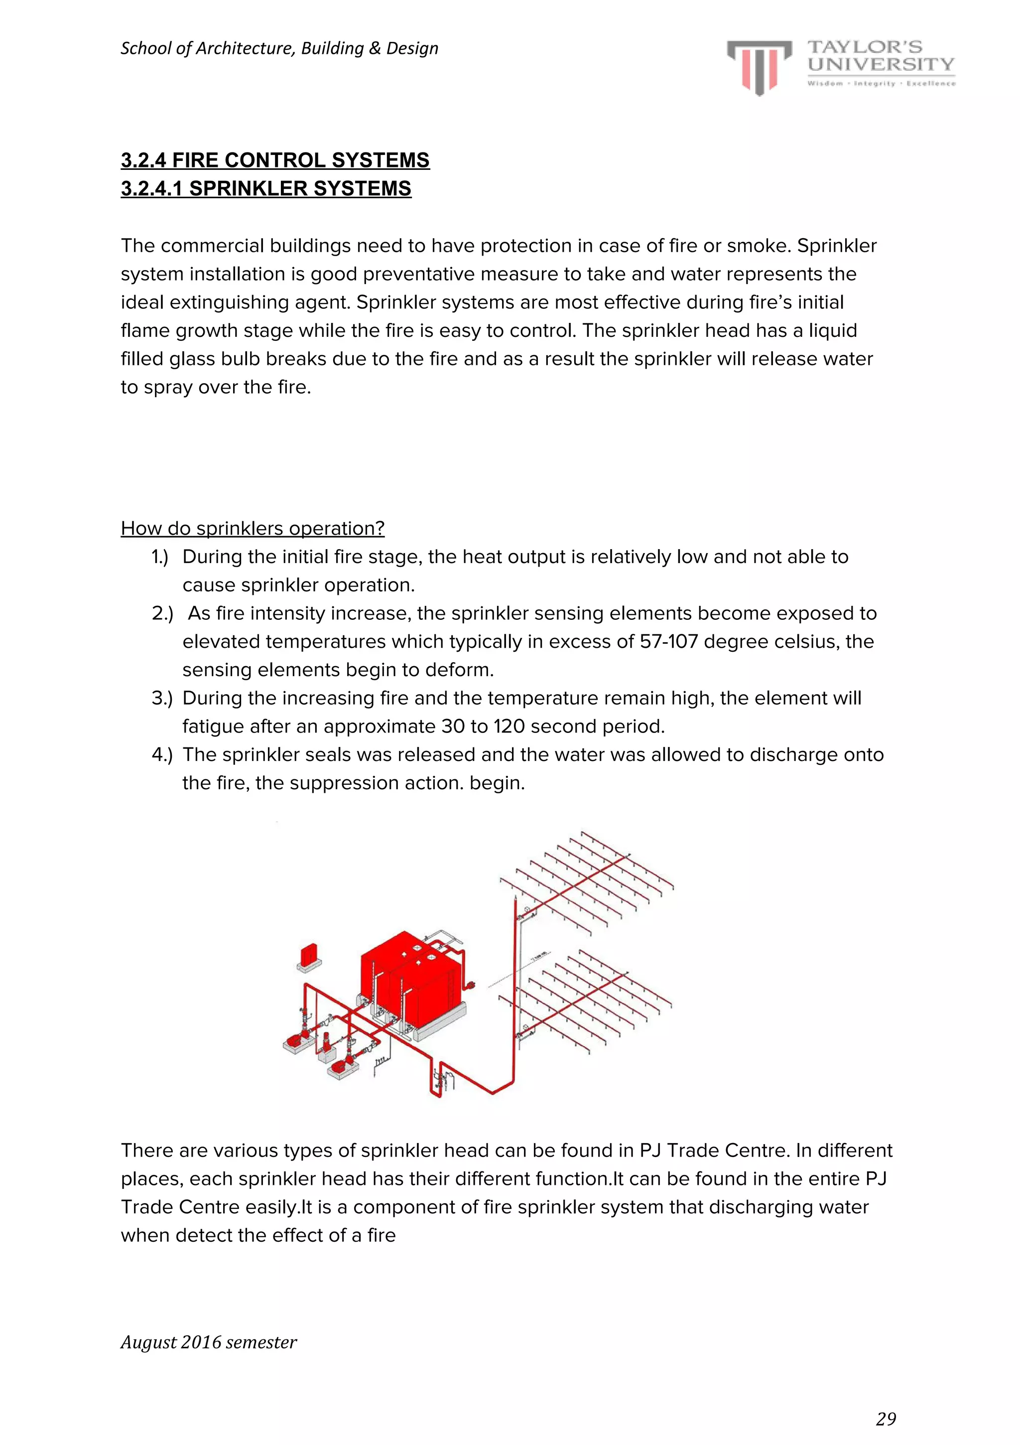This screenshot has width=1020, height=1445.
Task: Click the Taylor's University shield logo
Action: pos(759,67)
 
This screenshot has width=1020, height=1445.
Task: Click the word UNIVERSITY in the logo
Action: pos(881,64)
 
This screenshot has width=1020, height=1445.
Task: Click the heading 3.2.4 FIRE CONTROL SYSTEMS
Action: pos(275,160)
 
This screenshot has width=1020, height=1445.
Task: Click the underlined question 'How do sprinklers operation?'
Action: pos(253,528)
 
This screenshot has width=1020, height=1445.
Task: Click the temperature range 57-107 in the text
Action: pos(668,641)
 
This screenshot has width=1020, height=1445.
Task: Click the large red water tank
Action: pos(412,972)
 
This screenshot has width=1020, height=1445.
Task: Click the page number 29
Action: pos(886,1419)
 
